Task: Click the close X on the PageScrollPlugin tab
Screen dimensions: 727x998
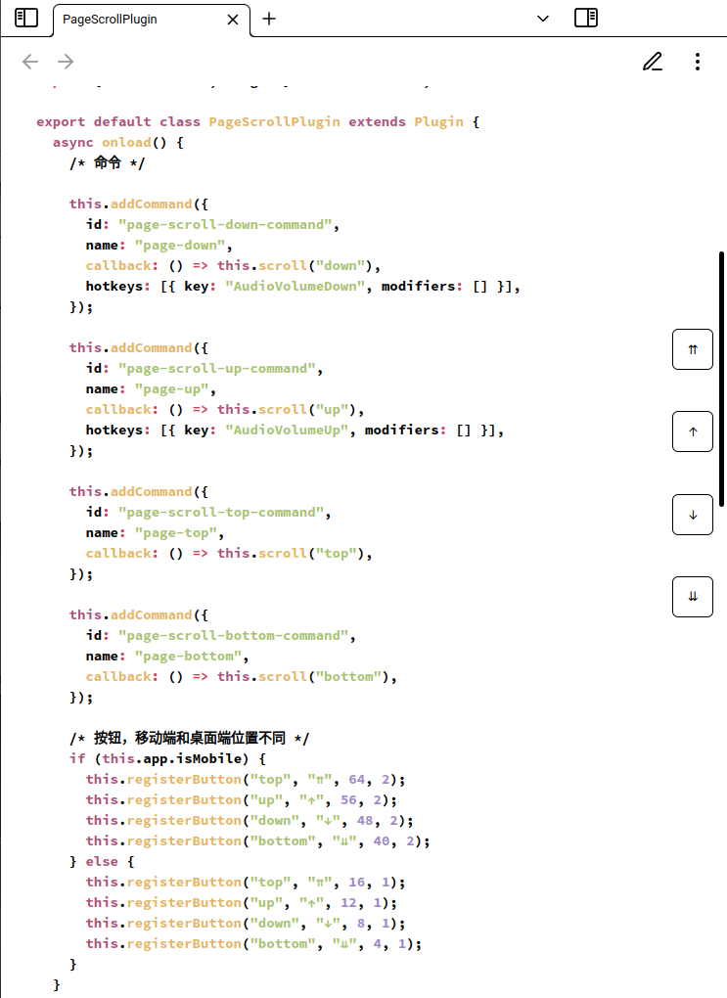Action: [233, 20]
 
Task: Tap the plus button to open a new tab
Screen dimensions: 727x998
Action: [269, 20]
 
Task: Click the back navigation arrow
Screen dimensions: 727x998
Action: [30, 62]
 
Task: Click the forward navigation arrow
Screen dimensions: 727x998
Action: [66, 62]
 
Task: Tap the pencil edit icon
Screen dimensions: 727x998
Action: [653, 61]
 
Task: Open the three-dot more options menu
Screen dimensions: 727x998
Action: [698, 61]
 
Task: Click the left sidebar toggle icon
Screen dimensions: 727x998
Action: [26, 18]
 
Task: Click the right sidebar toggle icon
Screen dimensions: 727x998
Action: [586, 18]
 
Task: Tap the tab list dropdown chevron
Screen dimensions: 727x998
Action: [543, 19]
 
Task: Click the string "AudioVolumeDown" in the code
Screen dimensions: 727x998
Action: [295, 287]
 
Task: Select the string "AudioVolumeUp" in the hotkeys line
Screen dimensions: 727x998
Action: [287, 431]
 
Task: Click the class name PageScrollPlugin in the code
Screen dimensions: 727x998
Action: [274, 121]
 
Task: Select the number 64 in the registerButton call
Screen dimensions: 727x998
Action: [356, 779]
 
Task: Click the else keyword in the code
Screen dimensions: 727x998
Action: [102, 861]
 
